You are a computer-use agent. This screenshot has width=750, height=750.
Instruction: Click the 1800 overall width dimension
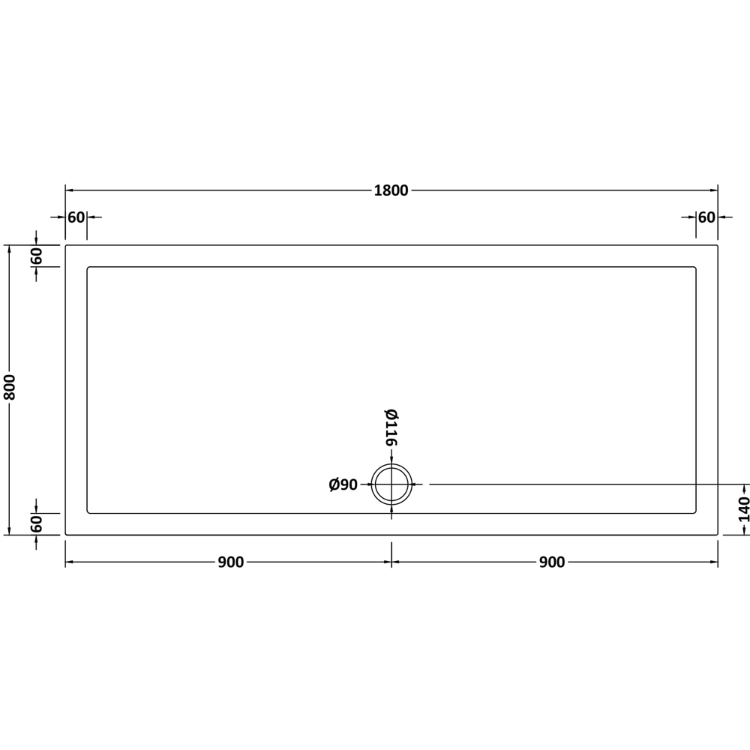(x=391, y=190)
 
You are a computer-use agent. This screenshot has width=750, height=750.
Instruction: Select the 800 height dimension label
(x=10, y=388)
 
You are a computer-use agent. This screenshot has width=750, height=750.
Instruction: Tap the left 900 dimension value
(x=231, y=562)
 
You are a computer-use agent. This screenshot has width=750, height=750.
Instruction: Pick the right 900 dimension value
(x=552, y=562)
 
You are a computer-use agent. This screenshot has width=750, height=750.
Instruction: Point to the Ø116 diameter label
(x=391, y=427)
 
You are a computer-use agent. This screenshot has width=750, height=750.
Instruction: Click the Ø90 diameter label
(x=343, y=484)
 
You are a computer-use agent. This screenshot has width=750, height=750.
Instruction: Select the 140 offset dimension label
(x=744, y=509)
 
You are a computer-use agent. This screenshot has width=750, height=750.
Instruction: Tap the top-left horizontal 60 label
(x=76, y=217)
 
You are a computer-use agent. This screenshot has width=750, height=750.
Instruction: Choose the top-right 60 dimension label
(x=706, y=217)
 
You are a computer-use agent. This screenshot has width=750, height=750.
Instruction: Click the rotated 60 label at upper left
(x=37, y=256)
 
